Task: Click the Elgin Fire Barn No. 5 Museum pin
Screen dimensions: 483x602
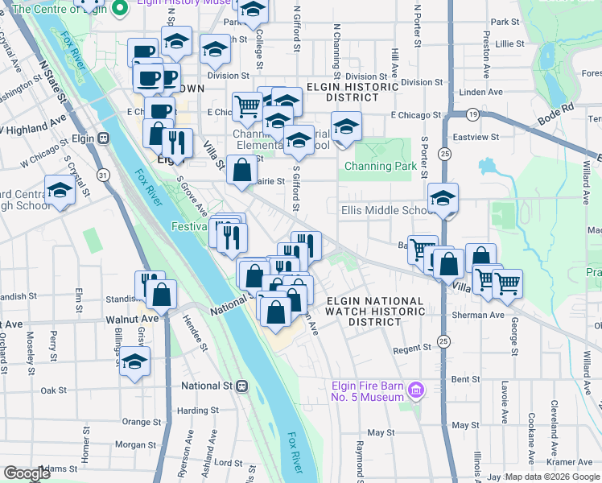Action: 416,392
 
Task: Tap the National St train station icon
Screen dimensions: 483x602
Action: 241,386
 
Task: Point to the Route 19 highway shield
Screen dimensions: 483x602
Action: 474,116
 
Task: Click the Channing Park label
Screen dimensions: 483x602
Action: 381,167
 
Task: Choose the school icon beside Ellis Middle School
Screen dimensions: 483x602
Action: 443,199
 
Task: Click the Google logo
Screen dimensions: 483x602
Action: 27,473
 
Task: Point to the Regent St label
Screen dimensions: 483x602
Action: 413,350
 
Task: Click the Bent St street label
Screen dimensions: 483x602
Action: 465,378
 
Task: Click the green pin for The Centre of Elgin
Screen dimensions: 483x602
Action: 120,9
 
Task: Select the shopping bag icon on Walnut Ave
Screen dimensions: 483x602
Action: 162,295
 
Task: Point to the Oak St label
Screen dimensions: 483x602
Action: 54,390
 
